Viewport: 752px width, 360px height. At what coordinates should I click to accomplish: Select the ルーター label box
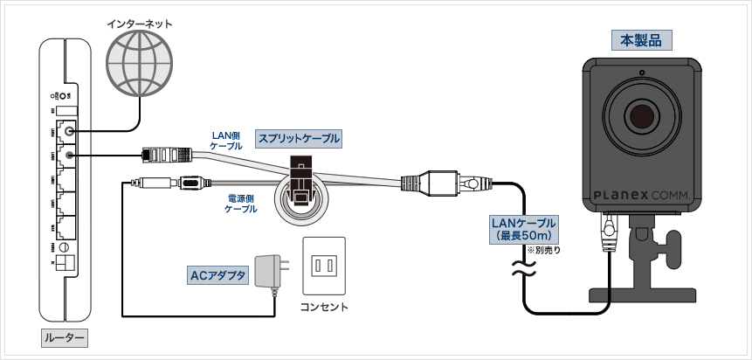coord(66,337)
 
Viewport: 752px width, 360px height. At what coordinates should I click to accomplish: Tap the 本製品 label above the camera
coord(640,39)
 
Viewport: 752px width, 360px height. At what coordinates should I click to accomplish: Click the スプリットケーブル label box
coord(298,138)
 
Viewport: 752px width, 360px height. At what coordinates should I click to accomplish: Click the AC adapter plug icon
coord(269,269)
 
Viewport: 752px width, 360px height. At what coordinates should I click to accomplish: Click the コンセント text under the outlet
coord(324,307)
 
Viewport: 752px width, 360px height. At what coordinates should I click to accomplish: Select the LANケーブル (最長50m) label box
coord(524,230)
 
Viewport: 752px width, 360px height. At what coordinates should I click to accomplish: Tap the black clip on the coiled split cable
coord(301,180)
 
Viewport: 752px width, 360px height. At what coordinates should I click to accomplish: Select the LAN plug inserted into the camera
coord(605,231)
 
